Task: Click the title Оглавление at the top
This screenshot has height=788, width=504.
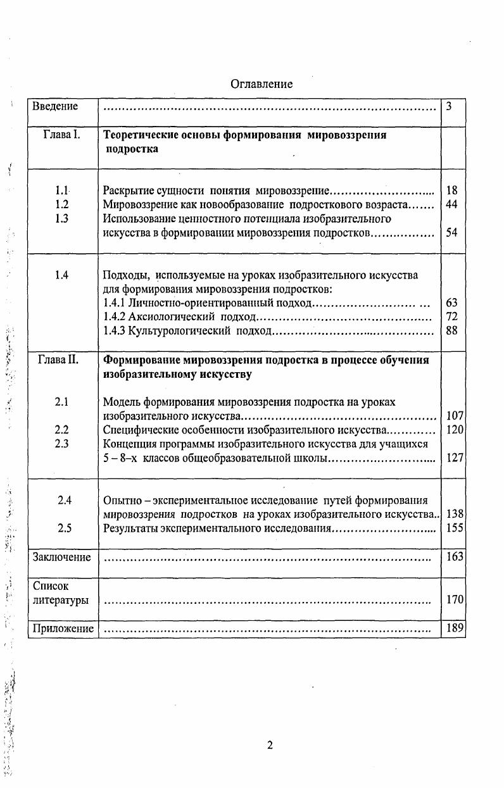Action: pos(261,84)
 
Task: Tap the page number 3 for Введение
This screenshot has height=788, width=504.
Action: pos(448,106)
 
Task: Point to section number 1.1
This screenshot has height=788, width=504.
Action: pos(61,190)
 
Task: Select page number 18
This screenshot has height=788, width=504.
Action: pos(451,190)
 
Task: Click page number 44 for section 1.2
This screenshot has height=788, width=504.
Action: pos(451,204)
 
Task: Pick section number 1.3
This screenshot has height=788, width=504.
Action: pos(61,219)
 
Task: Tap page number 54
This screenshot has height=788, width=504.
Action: pos(451,233)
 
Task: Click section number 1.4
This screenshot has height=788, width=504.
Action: pos(61,275)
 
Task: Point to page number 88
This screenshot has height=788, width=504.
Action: pos(451,330)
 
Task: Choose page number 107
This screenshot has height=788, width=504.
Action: pos(455,416)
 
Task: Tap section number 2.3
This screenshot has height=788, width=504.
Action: pos(62,444)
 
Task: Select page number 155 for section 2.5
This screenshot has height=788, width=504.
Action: pos(455,528)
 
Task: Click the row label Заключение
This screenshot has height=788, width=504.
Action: pos(61,558)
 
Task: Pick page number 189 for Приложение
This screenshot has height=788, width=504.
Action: pos(455,628)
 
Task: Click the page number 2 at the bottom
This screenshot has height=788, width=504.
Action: pos(270,745)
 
